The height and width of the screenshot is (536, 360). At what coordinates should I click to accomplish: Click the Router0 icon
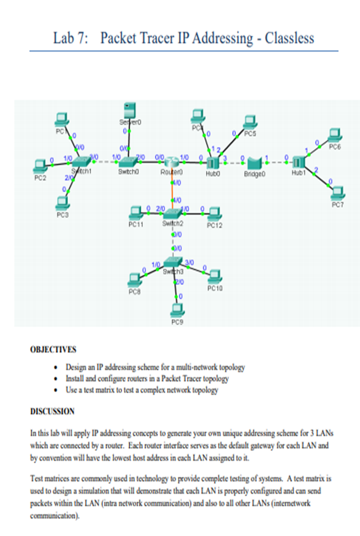coord(172,162)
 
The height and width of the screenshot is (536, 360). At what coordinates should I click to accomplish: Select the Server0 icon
coord(130,111)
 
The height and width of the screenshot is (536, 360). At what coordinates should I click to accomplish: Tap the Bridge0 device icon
coord(254,163)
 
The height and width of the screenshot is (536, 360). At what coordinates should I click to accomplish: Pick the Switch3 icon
coord(173,262)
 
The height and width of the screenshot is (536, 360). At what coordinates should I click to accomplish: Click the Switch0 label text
coord(128,172)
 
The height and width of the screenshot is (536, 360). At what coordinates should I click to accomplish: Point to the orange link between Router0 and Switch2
coord(173,191)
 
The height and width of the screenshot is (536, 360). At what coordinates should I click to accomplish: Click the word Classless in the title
coord(289,38)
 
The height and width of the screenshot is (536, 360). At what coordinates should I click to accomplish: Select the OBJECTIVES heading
coord(53,349)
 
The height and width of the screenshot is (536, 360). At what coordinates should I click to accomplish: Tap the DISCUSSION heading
coord(52,411)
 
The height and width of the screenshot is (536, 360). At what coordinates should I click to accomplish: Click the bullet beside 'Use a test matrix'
coord(56,390)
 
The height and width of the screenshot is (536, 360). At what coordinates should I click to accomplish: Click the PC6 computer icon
coord(335,135)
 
